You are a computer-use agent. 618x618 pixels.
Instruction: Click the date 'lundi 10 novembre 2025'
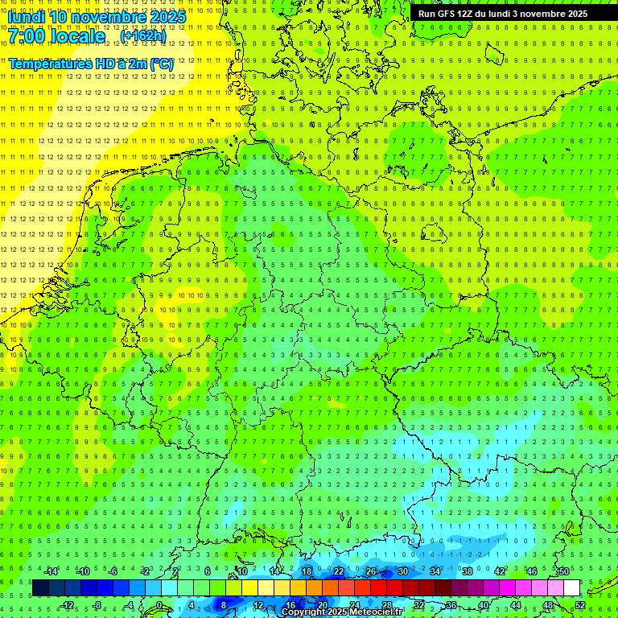[x=97, y=17]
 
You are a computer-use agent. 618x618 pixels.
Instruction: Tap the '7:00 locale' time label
[x=57, y=36]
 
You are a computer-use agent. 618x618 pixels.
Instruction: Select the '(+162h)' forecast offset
[x=143, y=36]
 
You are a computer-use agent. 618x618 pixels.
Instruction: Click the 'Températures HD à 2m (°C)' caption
[x=91, y=64]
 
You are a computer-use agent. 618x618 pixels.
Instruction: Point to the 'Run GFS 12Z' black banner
[x=503, y=14]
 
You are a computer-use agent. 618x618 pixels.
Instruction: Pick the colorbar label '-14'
[x=51, y=571]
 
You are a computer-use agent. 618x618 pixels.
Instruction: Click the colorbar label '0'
[x=160, y=604]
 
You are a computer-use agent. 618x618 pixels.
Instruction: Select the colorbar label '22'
[x=339, y=571]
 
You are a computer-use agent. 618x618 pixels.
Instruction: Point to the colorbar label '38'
[x=468, y=571]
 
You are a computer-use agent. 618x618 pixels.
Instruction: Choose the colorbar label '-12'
[x=67, y=604]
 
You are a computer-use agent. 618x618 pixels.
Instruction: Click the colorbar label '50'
[x=564, y=571]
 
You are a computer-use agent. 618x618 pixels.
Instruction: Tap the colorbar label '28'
[x=387, y=604]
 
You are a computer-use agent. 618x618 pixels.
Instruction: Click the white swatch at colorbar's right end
[x=571, y=587]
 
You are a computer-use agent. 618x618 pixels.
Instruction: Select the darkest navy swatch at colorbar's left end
[x=40, y=587]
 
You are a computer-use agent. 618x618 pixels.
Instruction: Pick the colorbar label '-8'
[x=98, y=604]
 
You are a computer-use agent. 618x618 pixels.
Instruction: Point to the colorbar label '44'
[x=516, y=604]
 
